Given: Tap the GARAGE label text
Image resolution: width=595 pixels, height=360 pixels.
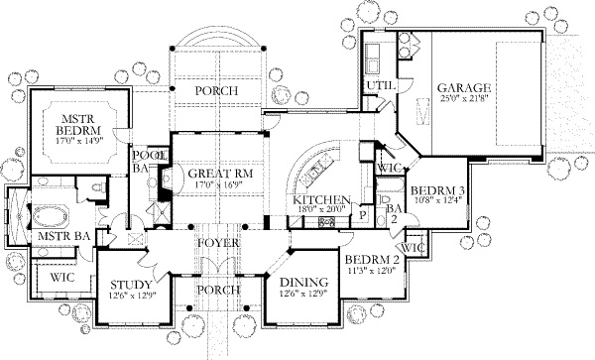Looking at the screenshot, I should [464, 86].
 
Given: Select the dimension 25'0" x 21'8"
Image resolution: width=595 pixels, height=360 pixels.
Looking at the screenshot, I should [464, 99].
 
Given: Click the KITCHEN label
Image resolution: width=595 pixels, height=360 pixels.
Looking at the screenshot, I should [319, 198].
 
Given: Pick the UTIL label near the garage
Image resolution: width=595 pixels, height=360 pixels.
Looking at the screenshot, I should [379, 87].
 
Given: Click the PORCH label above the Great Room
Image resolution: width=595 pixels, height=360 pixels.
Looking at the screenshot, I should [215, 90].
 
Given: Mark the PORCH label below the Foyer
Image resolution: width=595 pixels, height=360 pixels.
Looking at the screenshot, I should [216, 291].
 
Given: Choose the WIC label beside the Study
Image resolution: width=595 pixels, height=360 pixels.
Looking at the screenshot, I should [60, 280].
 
